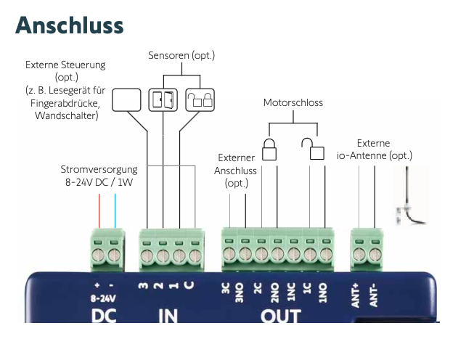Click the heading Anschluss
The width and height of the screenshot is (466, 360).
pos(70,25)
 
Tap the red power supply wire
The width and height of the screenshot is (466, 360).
pos(99,210)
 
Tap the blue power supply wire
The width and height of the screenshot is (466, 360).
pos(115,210)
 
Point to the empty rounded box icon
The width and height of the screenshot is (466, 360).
pos(126,99)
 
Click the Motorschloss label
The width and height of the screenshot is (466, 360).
pos(293,103)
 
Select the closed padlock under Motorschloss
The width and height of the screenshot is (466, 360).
pos(269,150)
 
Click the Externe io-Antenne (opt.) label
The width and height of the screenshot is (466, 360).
pos(375,150)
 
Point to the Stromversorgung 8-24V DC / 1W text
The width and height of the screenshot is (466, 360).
pos(99,176)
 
